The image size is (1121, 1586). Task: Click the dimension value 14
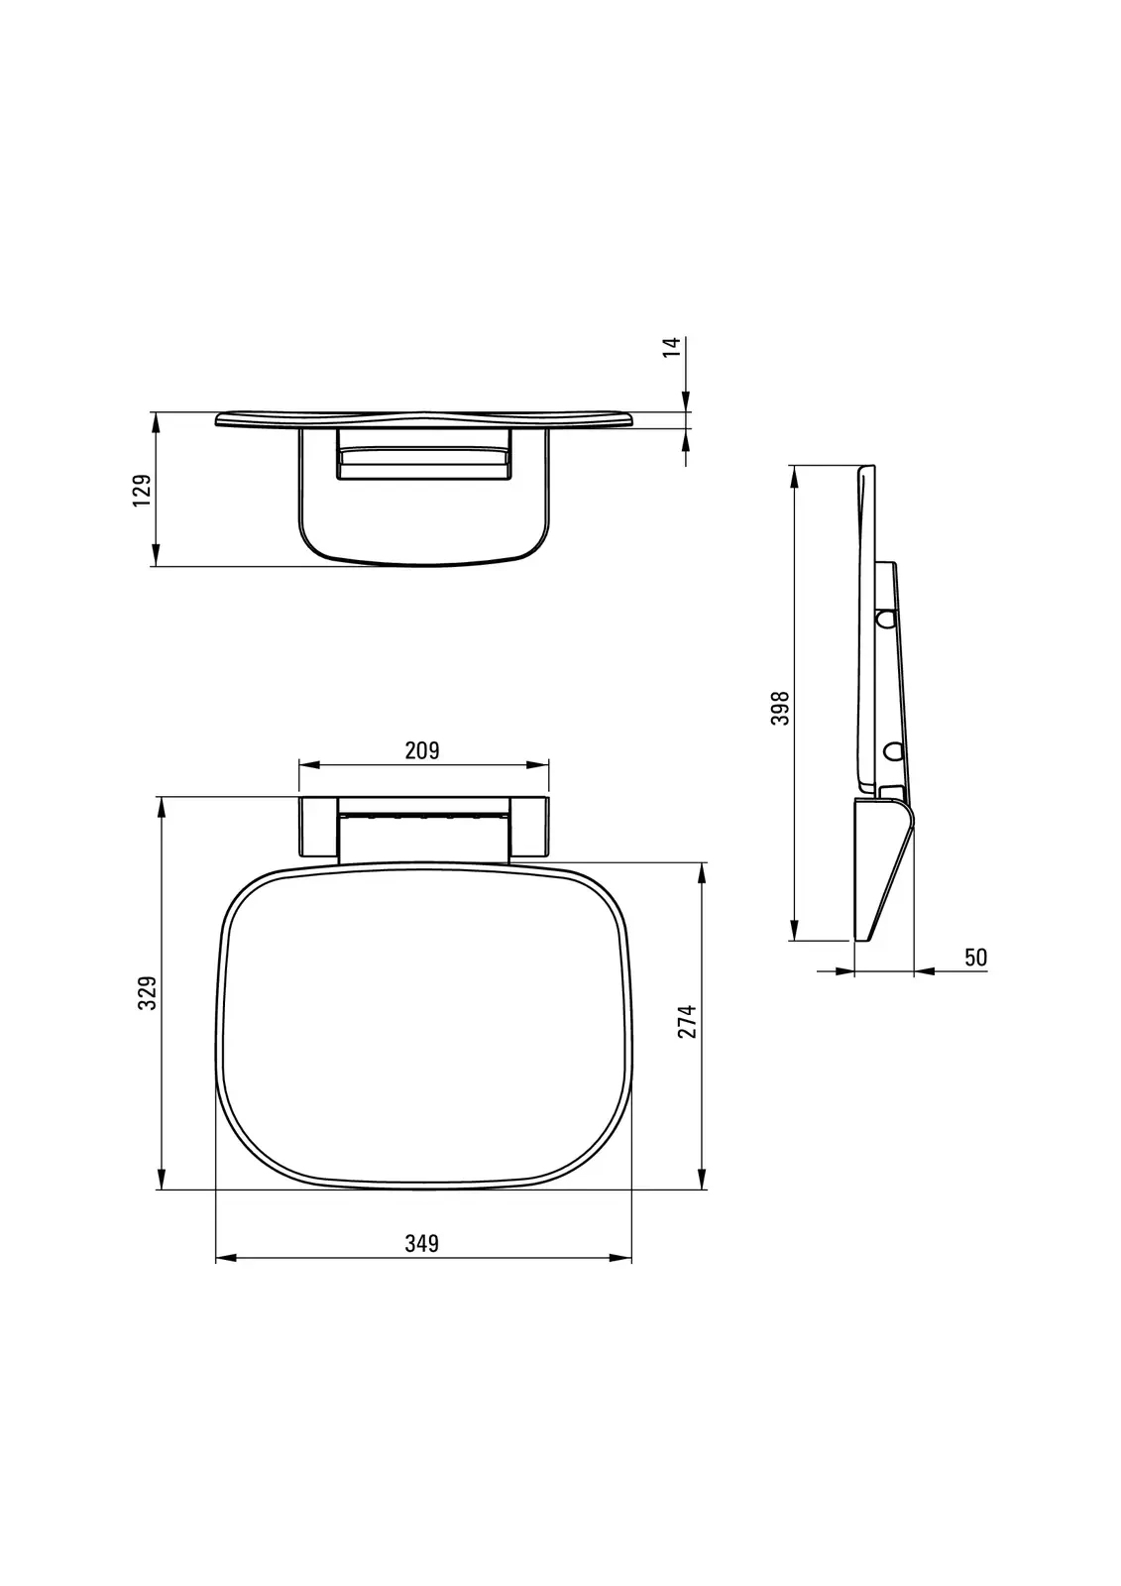672,347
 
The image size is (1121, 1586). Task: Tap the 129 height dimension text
143,490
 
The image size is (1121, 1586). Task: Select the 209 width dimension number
423,750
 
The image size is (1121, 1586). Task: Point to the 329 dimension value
148,992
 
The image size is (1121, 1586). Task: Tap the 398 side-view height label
780,708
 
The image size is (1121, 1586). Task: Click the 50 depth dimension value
976,958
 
